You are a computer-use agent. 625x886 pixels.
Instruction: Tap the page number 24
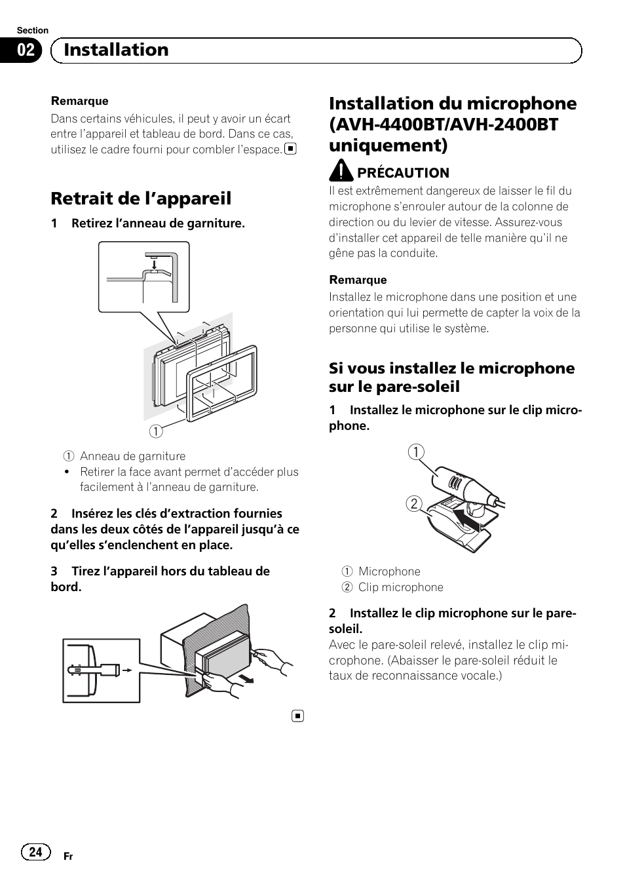pyautogui.click(x=36, y=851)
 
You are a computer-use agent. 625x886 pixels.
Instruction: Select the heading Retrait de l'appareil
pyautogui.click(x=141, y=198)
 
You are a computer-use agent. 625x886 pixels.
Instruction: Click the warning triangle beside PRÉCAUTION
pyautogui.click(x=341, y=172)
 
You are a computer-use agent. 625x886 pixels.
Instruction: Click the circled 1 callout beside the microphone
pyautogui.click(x=415, y=452)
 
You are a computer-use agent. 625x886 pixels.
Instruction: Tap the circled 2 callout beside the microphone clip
pyautogui.click(x=415, y=503)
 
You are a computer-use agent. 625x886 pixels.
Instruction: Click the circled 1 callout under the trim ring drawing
pyautogui.click(x=156, y=431)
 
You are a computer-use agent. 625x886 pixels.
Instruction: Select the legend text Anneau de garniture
pyautogui.click(x=132, y=456)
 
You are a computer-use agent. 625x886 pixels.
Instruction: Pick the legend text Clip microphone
pyautogui.click(x=400, y=587)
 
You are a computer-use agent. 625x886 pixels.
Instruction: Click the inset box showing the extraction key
pyautogui.click(x=102, y=670)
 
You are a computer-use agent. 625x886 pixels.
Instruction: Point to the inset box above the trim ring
pyautogui.click(x=143, y=277)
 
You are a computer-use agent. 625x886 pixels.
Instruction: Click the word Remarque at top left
pyautogui.click(x=80, y=102)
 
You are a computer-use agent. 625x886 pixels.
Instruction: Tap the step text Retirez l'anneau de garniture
pyautogui.click(x=158, y=223)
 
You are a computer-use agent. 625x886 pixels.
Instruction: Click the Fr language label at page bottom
pyautogui.click(x=68, y=857)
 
